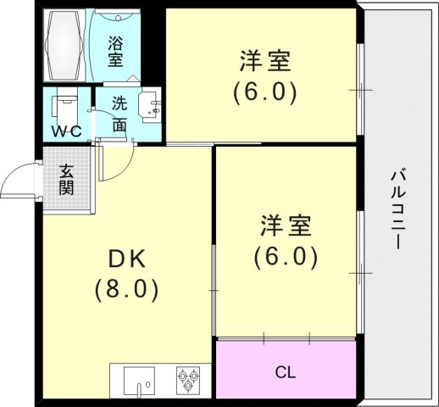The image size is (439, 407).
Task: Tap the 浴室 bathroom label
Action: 115,49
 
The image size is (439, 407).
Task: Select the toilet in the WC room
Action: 64,109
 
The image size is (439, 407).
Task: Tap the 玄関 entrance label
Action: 66,177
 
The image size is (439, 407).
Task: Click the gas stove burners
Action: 187,379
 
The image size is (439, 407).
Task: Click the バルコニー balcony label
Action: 396,208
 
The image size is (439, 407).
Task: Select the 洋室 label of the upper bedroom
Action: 264,61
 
